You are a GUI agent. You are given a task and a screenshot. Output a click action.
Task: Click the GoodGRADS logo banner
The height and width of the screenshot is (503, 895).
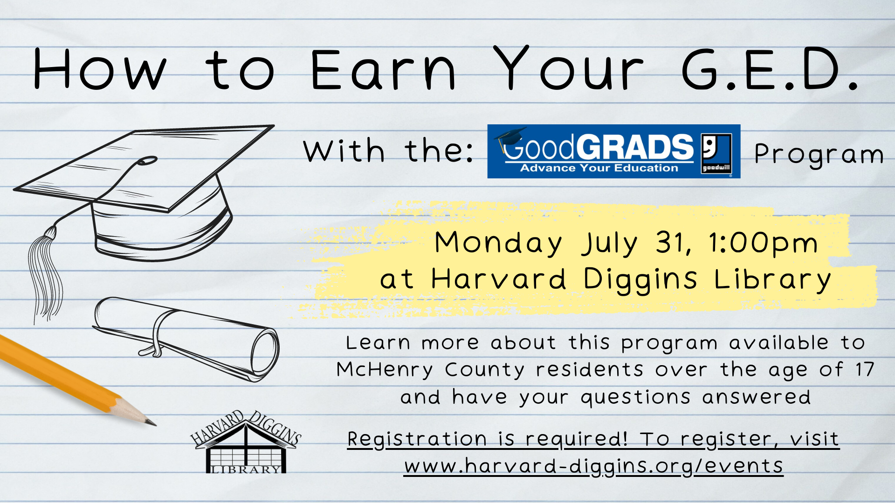tap(613, 151)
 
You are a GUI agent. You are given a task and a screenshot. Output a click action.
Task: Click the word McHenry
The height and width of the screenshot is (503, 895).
tap(385, 370)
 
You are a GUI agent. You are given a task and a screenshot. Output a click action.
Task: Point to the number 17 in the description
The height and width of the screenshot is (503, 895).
tap(865, 369)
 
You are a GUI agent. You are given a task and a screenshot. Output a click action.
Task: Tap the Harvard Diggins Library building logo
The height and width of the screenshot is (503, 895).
tap(246, 442)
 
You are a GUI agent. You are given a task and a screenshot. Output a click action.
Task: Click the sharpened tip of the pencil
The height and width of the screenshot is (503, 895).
tap(155, 425)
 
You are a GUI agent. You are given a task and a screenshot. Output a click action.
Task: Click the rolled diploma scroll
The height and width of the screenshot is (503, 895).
tap(186, 338)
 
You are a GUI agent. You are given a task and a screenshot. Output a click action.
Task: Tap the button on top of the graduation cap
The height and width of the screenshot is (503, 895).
tap(148, 161)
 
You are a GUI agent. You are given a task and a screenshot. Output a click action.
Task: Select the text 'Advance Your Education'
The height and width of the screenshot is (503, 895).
tap(599, 168)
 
